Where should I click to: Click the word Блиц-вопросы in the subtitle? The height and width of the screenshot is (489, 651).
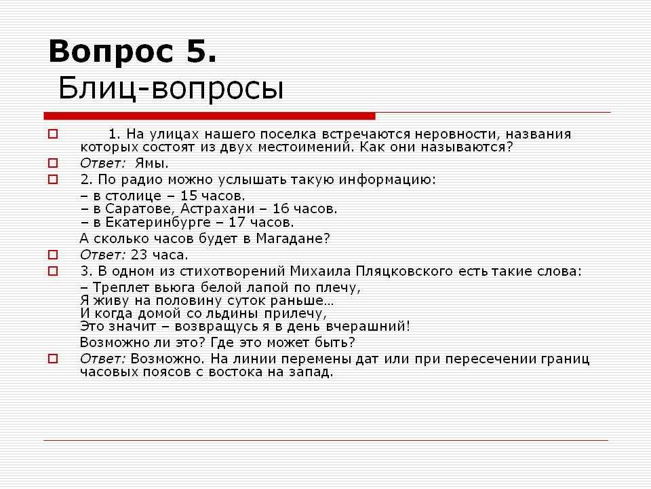coord(171,88)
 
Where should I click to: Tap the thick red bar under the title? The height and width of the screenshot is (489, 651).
coord(210,116)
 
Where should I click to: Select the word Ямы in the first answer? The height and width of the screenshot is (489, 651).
coord(151,163)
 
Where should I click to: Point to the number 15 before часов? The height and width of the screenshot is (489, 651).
coord(189,196)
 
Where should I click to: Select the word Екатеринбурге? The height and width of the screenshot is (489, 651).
coord(158,223)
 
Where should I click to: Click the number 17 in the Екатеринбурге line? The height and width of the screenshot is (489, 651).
coord(237,222)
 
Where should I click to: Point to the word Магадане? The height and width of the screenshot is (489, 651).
coord(292,238)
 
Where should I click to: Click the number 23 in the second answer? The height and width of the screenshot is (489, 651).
coord(139,255)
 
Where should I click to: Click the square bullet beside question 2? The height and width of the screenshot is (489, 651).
coord(53,179)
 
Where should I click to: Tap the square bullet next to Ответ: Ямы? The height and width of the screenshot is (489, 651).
coord(53,162)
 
